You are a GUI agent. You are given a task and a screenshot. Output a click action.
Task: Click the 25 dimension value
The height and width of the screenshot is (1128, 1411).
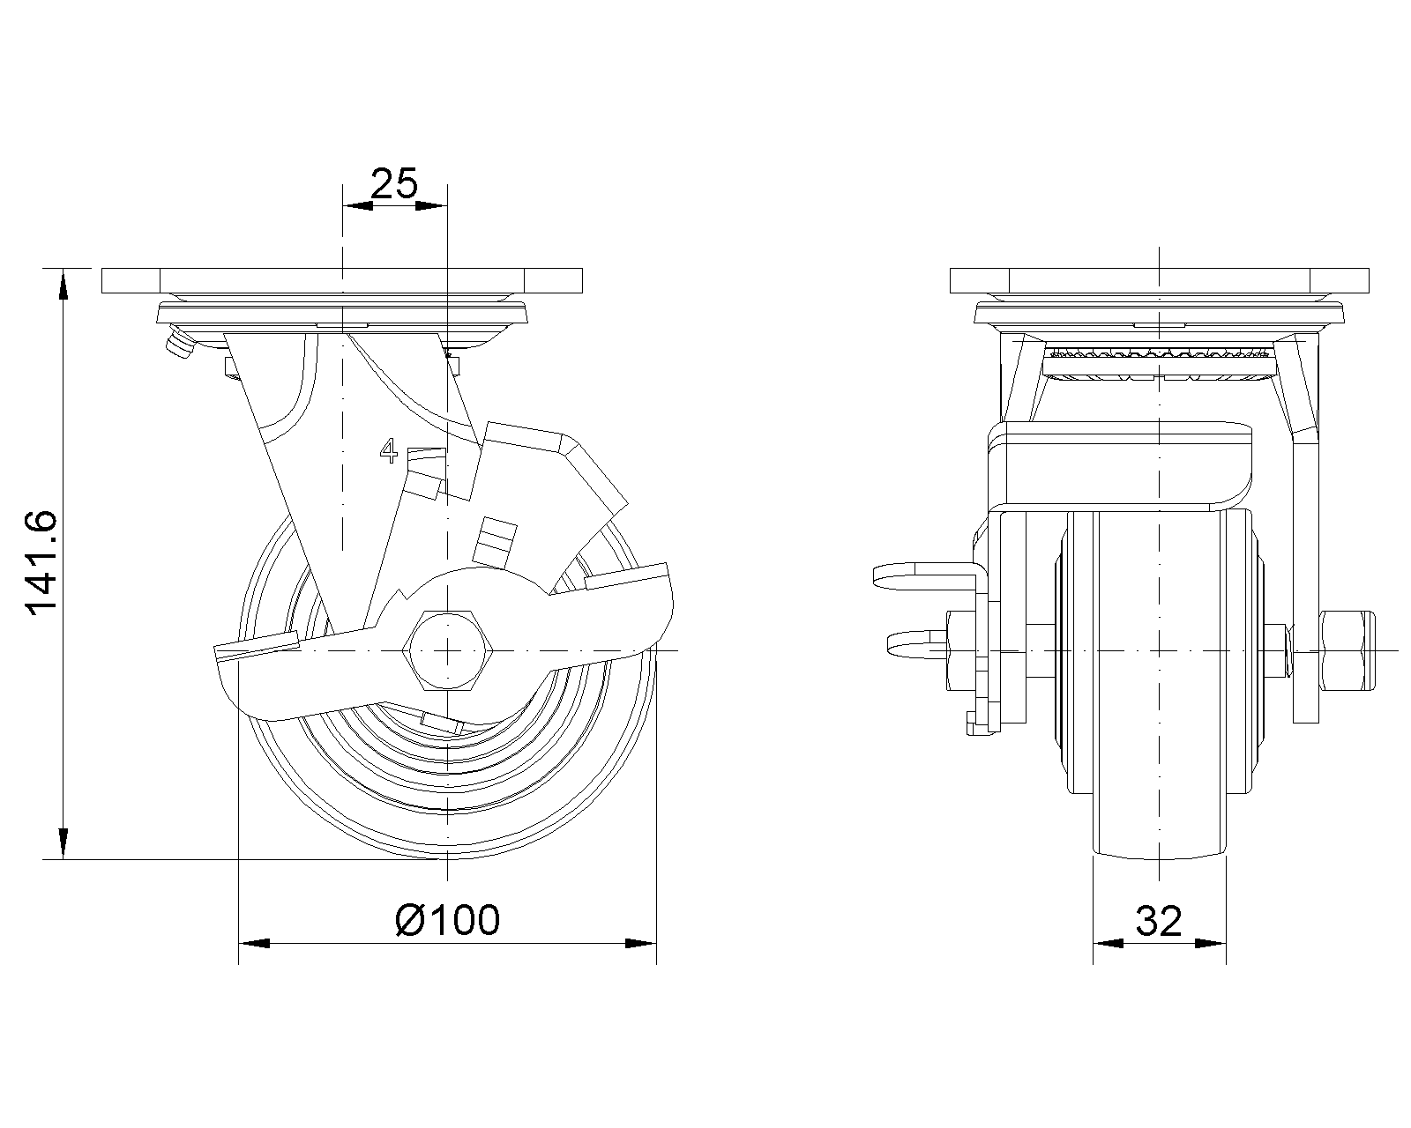[393, 183]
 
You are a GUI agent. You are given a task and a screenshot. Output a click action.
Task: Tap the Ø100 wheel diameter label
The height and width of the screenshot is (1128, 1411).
[448, 920]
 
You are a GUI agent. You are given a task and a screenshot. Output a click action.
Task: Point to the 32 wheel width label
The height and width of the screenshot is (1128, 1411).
[1158, 921]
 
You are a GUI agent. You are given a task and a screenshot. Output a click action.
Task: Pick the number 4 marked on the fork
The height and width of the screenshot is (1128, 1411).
[388, 451]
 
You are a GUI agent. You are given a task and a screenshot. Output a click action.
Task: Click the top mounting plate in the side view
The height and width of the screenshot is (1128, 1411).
[342, 280]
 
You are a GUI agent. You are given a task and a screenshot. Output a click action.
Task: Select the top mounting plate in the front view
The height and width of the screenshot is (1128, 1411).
[1159, 280]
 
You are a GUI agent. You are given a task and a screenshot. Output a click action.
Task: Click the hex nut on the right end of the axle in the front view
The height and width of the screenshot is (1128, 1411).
[1346, 650]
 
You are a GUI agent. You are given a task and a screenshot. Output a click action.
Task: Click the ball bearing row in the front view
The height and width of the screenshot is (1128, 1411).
[1159, 354]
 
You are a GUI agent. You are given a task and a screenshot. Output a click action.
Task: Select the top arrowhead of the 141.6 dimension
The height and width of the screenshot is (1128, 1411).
[63, 284]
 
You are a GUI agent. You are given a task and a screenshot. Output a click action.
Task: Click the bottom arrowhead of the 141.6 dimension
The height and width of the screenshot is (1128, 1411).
[63, 843]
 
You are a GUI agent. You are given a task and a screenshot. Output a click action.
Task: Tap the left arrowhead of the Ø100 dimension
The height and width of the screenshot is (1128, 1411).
[254, 944]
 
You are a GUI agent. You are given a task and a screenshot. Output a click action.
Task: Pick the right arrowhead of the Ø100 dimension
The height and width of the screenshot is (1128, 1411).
[641, 944]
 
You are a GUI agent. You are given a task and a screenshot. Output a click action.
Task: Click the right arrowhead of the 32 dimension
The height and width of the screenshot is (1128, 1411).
[1212, 944]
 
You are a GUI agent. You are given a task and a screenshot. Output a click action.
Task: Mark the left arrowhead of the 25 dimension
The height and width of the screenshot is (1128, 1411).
[356, 206]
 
